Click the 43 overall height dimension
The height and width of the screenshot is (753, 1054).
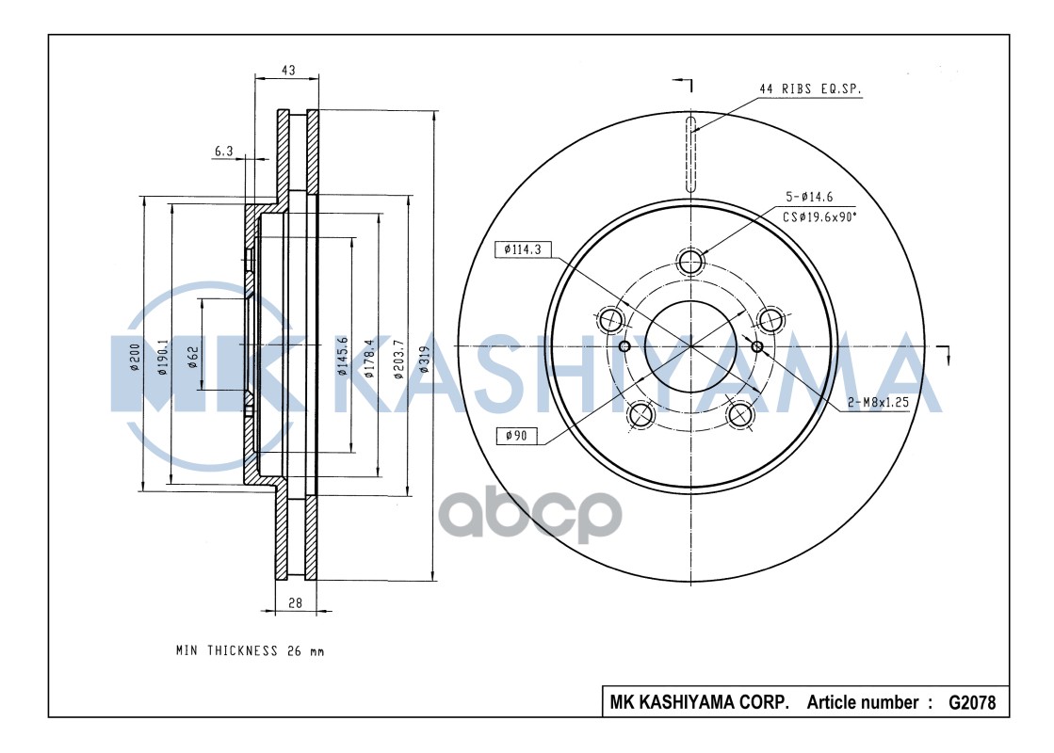pyautogui.click(x=288, y=71)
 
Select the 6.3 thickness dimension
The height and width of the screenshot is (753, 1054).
pyautogui.click(x=223, y=150)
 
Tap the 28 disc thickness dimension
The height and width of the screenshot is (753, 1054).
pyautogui.click(x=295, y=604)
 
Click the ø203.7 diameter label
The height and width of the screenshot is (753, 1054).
pyautogui.click(x=398, y=359)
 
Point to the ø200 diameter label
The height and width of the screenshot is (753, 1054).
pyautogui.click(x=134, y=359)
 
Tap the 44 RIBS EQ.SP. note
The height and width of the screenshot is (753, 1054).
pyautogui.click(x=810, y=89)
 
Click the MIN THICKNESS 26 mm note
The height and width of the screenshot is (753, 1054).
pyautogui.click(x=250, y=650)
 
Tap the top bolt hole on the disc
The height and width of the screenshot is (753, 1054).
pyautogui.click(x=691, y=262)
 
